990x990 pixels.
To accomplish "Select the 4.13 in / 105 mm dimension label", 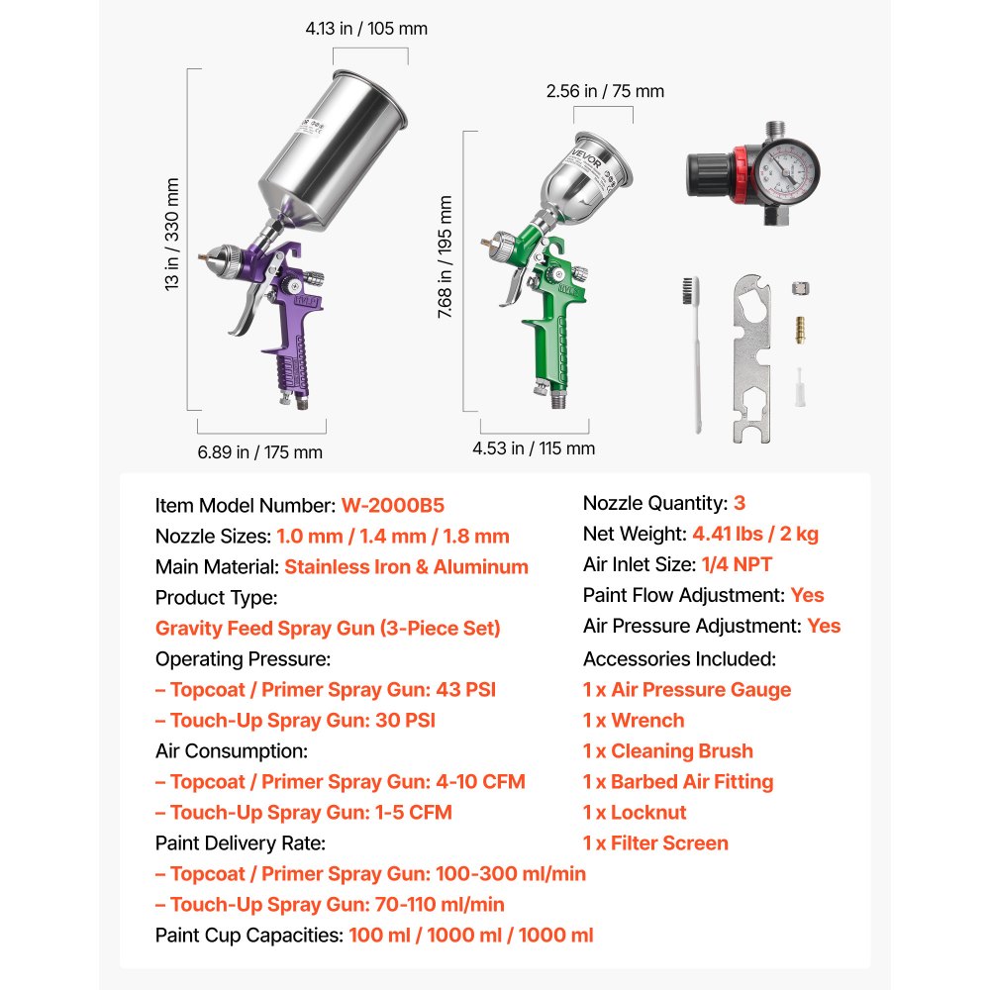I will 366,29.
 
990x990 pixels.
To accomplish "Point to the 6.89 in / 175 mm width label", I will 260,452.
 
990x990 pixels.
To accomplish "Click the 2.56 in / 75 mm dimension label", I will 605,91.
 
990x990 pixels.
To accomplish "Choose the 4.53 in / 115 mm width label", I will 534,448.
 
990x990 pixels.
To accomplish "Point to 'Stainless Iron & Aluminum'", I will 406,567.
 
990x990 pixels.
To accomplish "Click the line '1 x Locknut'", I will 635,813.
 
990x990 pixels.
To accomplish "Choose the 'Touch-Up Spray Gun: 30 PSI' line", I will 295,721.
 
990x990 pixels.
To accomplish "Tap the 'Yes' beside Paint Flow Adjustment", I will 807,595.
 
